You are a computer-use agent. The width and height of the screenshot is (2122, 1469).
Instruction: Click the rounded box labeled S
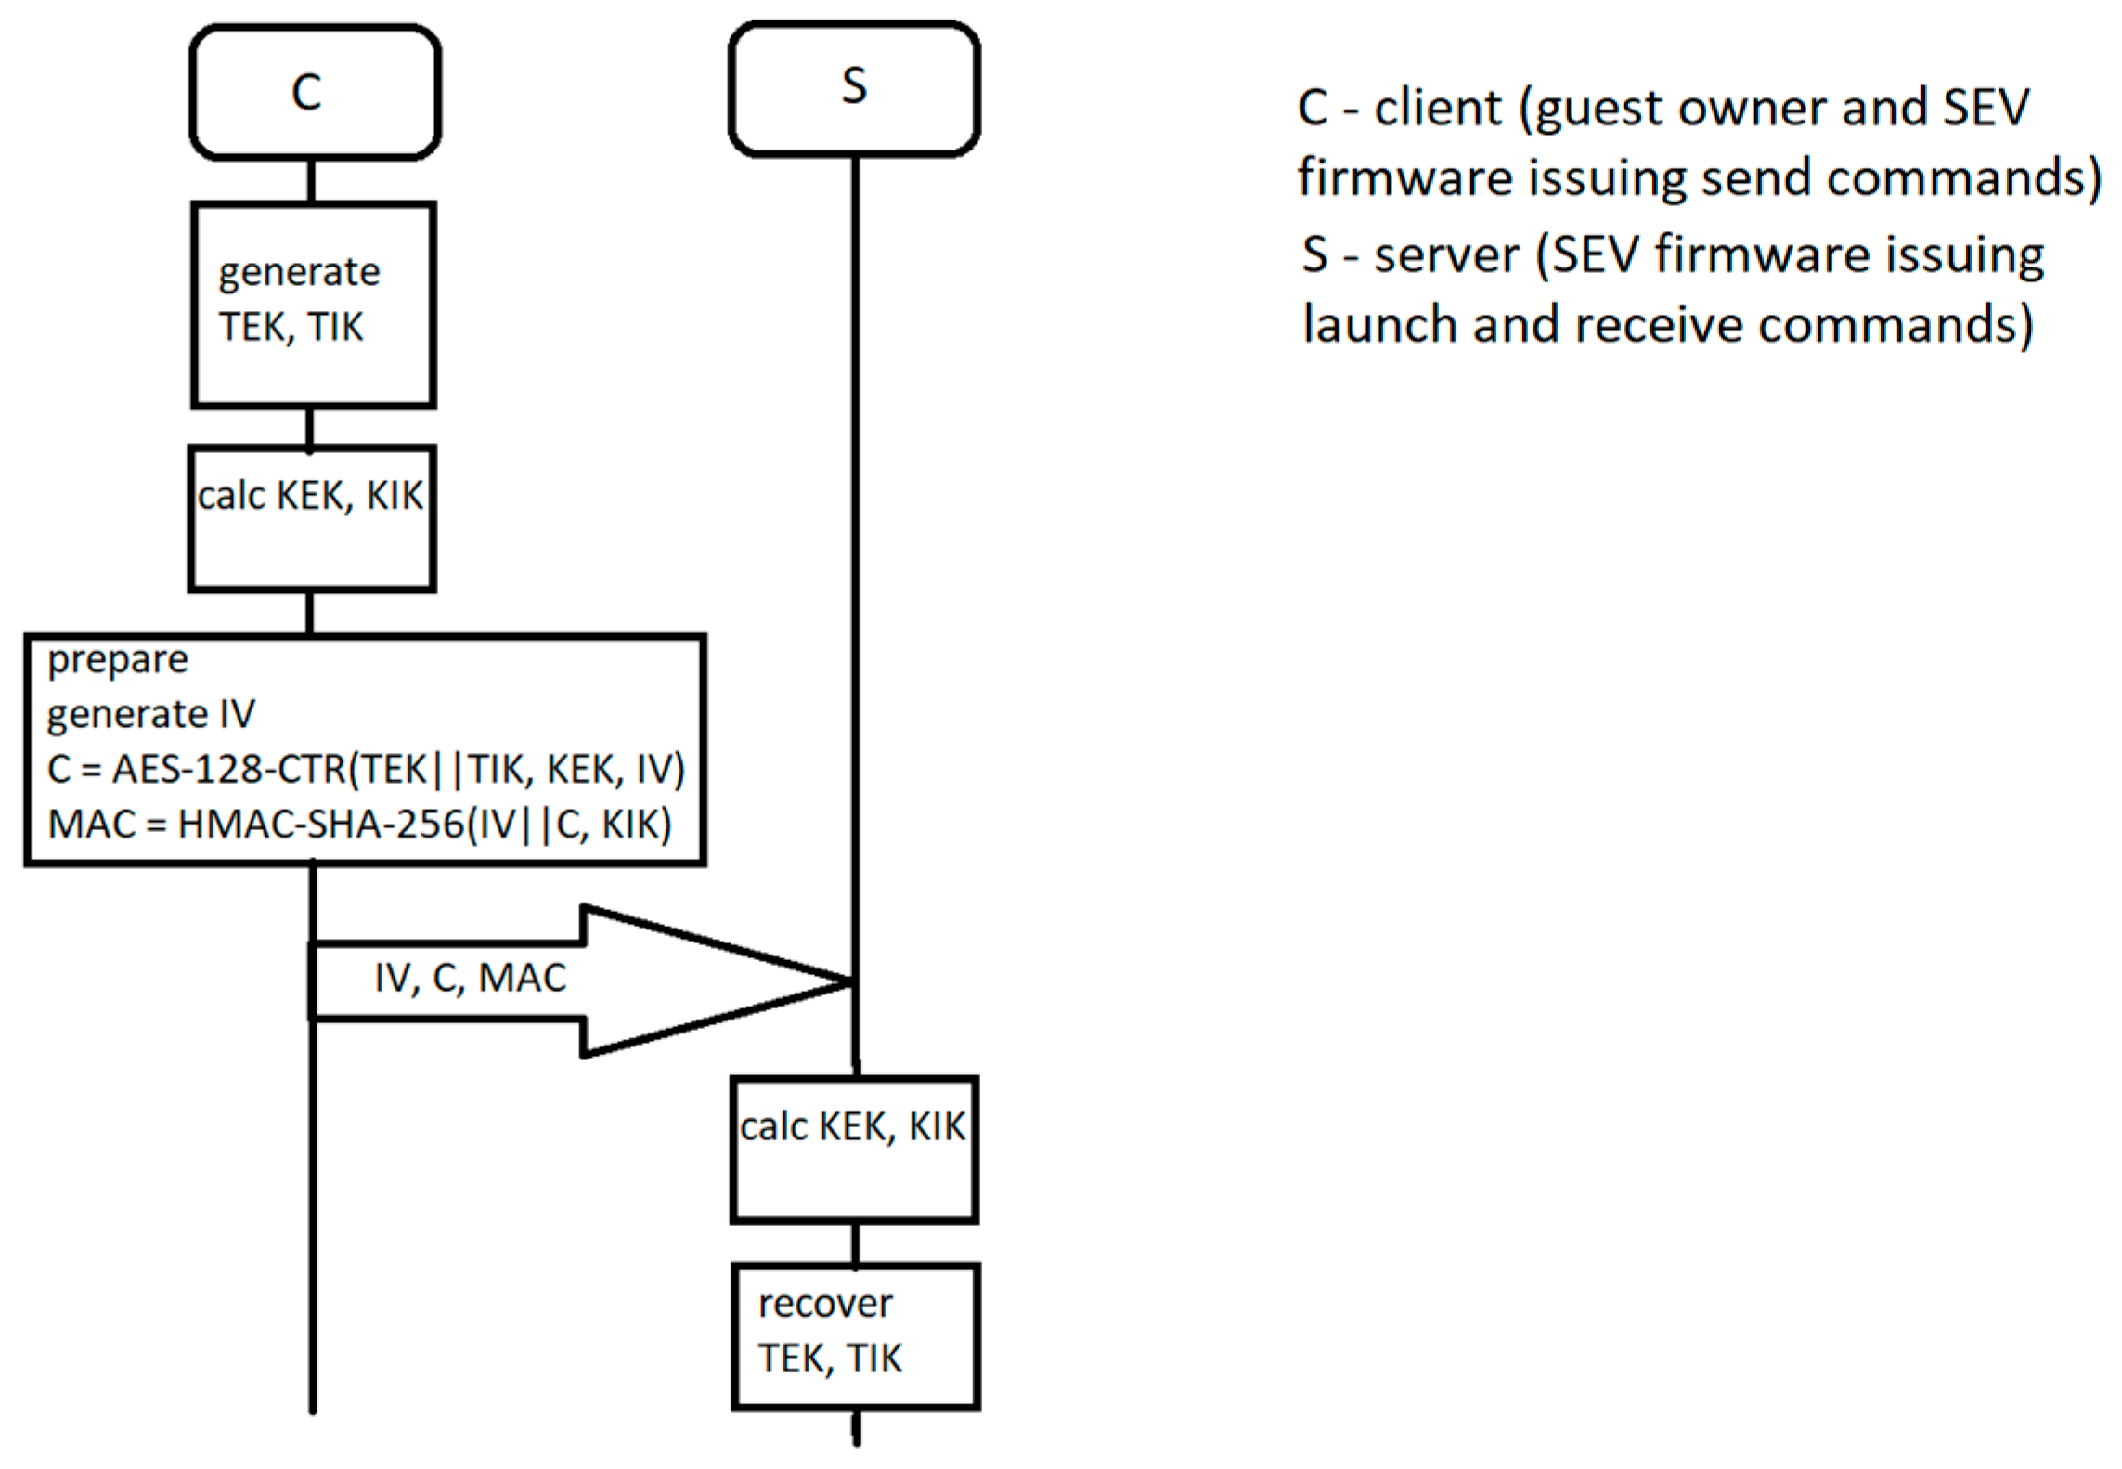pos(854,88)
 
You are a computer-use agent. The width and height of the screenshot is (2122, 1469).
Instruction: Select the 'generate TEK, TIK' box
pos(314,305)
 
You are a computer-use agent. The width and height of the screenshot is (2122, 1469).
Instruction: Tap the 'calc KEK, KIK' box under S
pos(854,1149)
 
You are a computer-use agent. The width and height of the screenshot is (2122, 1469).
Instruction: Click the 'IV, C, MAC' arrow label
pos(471,979)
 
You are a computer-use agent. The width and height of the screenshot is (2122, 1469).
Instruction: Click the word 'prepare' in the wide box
pos(118,660)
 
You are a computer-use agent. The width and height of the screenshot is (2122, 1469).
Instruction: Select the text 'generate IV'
pos(150,714)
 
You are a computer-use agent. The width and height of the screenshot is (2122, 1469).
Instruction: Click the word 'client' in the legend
pos(1437,108)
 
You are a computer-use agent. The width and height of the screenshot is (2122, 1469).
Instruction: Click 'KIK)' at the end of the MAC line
pos(637,825)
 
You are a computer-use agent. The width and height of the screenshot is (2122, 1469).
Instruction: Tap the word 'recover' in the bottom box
pos(824,1304)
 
